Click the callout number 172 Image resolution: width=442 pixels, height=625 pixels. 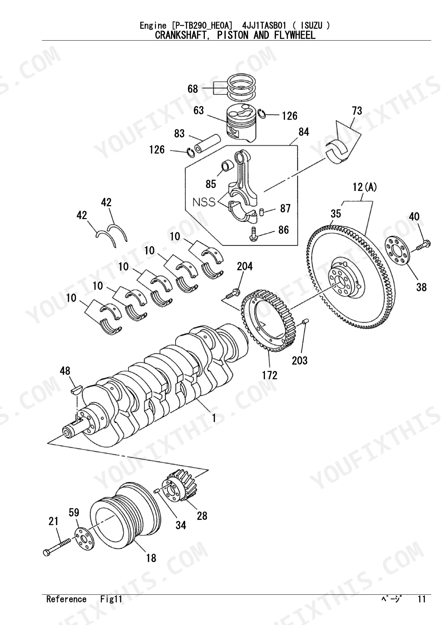click(270, 375)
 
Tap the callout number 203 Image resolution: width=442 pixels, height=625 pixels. click(300, 360)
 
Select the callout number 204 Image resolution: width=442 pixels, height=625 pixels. click(245, 266)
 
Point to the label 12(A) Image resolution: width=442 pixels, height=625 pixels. click(365, 187)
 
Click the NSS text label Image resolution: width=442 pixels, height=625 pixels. click(204, 202)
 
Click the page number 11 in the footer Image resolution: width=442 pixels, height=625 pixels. click(421, 599)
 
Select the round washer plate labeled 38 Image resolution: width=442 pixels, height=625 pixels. click(398, 251)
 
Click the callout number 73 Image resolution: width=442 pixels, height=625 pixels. click(357, 111)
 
